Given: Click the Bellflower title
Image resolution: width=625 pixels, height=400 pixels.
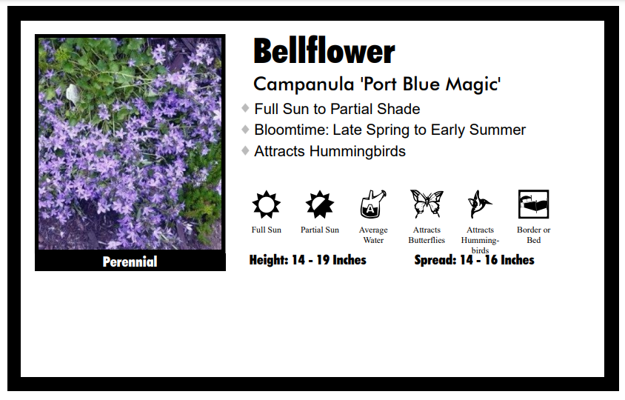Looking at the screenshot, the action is (324, 51).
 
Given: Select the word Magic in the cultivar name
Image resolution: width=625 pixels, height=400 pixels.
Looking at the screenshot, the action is (472, 85).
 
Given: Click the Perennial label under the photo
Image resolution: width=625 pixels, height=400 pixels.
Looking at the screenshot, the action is (130, 261).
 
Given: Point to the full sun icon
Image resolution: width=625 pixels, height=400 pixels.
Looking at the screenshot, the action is (267, 204).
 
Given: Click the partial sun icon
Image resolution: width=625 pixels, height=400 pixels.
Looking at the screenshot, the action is (320, 204).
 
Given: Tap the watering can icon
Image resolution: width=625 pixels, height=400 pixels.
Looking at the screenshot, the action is (373, 204).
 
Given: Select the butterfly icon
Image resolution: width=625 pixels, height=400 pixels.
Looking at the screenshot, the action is (427, 204).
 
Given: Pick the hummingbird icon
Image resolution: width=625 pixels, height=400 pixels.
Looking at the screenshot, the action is (480, 204).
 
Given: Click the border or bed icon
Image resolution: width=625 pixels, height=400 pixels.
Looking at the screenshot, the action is (533, 204).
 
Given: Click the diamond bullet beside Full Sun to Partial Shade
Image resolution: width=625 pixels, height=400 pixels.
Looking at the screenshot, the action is (246, 108).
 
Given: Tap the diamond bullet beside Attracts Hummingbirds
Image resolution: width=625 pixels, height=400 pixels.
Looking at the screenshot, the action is (246, 150).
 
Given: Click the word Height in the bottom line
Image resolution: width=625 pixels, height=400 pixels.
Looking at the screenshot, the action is (268, 260).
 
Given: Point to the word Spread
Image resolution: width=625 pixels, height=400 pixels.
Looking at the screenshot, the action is (435, 260).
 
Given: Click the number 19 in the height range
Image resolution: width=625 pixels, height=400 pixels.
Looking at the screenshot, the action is (324, 260).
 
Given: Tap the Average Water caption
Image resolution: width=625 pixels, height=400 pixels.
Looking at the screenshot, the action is (373, 235).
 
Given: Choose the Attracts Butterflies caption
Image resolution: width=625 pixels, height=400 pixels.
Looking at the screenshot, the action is (427, 235).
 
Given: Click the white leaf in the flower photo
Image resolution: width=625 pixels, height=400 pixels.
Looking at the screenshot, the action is (73, 96).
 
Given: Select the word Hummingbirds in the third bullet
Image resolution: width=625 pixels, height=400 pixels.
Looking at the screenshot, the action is (358, 152).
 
